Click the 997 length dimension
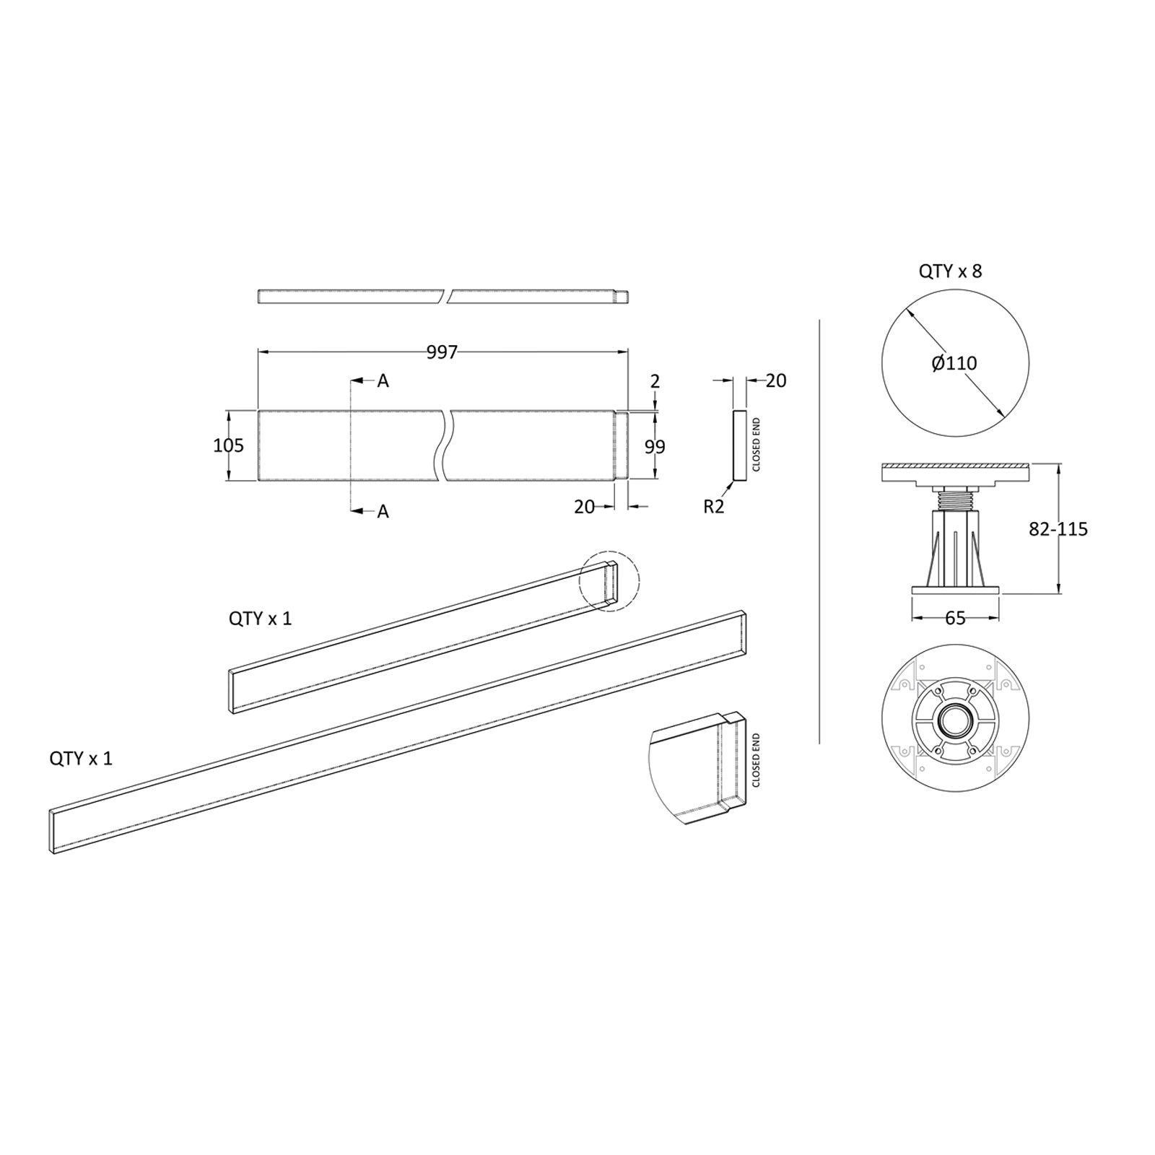(x=442, y=352)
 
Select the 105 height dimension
(x=228, y=445)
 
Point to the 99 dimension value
(x=655, y=447)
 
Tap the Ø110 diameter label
(x=954, y=363)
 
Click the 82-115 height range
(x=1058, y=529)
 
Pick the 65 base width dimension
(x=954, y=618)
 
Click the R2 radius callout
(x=713, y=507)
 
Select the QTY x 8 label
(x=950, y=271)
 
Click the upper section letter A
(x=383, y=381)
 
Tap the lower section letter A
(x=383, y=512)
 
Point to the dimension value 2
(x=655, y=381)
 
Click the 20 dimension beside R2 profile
(x=775, y=380)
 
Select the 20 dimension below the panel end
(x=584, y=507)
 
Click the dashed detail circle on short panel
(x=610, y=581)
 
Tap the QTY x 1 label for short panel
(x=260, y=619)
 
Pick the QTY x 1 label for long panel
(x=81, y=759)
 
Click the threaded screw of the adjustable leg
(x=955, y=498)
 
